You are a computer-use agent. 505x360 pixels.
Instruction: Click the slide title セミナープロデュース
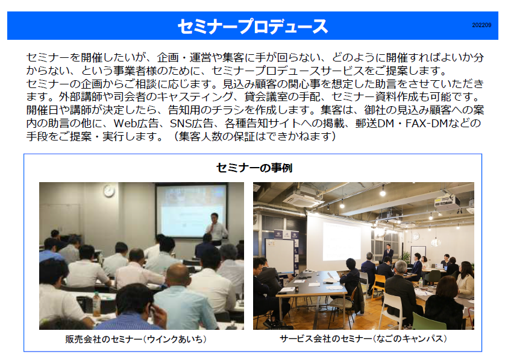pyautogui.click(x=252, y=26)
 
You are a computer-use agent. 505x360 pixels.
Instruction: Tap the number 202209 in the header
pyautogui.click(x=481, y=25)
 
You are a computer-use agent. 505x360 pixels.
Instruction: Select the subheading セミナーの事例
pyautogui.click(x=254, y=168)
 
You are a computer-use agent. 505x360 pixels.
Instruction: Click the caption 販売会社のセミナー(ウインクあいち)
pyautogui.click(x=136, y=339)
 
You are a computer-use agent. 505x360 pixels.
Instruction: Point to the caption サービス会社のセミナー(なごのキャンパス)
pyautogui.click(x=363, y=338)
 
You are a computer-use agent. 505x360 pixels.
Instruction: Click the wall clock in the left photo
pyautogui.click(x=109, y=191)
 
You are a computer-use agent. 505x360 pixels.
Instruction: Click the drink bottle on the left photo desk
pyautogui.click(x=96, y=303)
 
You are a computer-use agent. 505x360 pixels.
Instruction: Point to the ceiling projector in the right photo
pyautogui.click(x=447, y=201)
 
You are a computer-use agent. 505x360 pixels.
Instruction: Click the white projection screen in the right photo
pyautogui.click(x=338, y=239)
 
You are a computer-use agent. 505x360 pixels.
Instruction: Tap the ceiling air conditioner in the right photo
pyautogui.click(x=302, y=198)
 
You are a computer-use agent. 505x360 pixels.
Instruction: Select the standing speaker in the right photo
pyautogui.click(x=388, y=252)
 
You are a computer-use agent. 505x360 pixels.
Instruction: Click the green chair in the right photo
pyautogui.click(x=425, y=321)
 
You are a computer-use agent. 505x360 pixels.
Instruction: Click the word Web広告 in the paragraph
pyautogui.click(x=136, y=123)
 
